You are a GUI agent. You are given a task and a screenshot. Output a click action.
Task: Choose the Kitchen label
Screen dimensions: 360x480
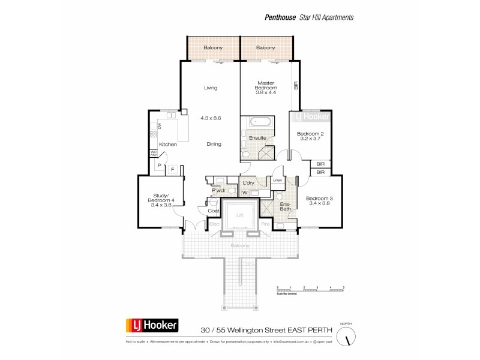click(167, 145)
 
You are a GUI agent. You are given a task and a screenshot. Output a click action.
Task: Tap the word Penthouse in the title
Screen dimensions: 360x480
click(280, 17)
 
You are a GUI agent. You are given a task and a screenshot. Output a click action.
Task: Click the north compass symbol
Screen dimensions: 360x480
click(347, 337)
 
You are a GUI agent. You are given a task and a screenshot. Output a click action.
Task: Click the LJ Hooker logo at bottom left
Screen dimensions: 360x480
click(152, 326)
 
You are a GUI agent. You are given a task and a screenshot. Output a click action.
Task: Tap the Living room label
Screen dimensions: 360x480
click(210, 88)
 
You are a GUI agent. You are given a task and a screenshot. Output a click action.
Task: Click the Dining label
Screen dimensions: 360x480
click(214, 144)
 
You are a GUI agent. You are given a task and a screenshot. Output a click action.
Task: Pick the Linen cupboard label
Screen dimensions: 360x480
click(277, 180)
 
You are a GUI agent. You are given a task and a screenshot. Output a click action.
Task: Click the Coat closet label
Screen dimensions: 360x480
click(213, 211)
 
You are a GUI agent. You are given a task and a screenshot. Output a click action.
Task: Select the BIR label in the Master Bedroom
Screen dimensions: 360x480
click(295, 86)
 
